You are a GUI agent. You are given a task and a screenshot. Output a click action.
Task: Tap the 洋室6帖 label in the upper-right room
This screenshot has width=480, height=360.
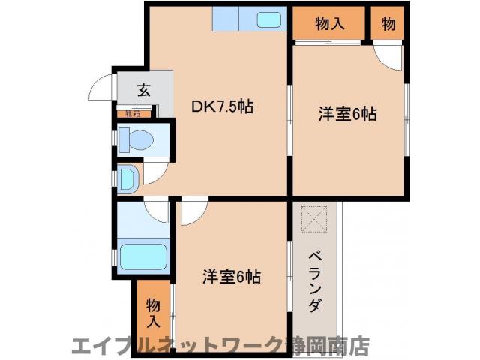coord(347,114)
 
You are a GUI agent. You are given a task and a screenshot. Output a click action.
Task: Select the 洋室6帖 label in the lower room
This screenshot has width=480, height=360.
coord(231,276)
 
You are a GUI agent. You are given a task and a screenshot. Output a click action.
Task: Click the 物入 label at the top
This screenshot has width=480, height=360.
coord(330,23)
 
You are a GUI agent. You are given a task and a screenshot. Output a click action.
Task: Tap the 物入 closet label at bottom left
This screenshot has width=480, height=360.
coord(153,313)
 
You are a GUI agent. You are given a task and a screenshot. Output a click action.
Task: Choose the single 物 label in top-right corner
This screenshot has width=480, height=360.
coord(388,23)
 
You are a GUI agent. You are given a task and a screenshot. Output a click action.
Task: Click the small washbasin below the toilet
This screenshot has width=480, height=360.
coord(127,178)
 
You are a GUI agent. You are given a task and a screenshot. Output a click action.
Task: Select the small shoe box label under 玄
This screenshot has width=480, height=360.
coord(133,113)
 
